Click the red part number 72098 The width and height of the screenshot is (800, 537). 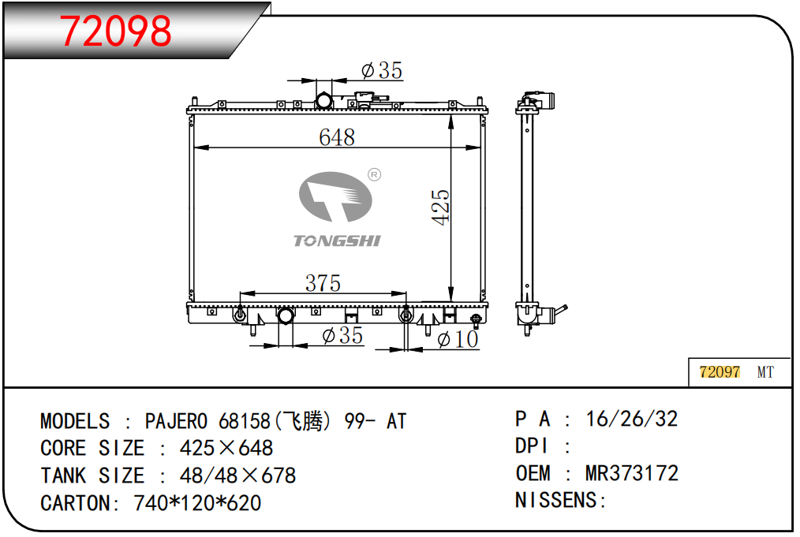coord(115,31)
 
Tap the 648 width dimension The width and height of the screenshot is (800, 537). coord(337,137)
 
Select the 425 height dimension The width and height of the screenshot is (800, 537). coord(441,207)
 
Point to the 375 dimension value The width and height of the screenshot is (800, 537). coord(323,283)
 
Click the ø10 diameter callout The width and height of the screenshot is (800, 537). coord(458,339)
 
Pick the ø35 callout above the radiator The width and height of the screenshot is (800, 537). coord(382,70)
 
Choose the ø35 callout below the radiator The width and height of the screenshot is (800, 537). coord(342,336)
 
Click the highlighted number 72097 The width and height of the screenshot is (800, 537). coord(720,371)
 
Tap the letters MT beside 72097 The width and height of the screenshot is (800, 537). coord(765,372)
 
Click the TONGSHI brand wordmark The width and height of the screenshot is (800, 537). coord(337,241)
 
